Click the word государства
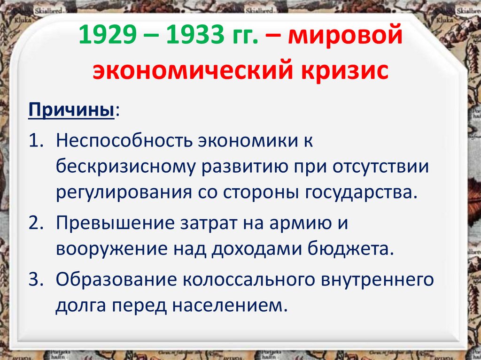(x=368, y=192)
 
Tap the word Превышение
(x=110, y=222)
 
